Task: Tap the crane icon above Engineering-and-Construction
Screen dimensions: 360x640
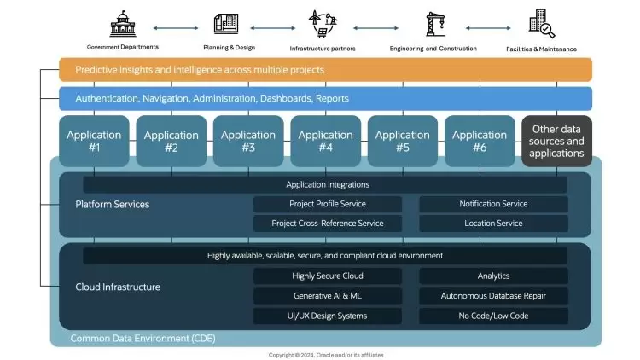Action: tap(433, 23)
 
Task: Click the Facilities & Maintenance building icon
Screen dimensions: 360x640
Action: tap(541, 23)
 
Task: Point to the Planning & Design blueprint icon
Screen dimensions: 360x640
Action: tap(228, 23)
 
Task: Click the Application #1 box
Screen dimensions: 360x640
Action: tap(94, 141)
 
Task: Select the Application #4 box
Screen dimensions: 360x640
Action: tap(325, 141)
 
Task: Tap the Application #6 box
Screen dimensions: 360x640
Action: tap(480, 141)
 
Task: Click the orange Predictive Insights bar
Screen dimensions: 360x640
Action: tap(325, 69)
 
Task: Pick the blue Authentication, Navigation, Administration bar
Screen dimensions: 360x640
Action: tap(325, 98)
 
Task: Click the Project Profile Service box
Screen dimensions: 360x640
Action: tap(328, 204)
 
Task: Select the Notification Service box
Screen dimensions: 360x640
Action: tap(493, 204)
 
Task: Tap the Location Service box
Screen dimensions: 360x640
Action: tap(493, 224)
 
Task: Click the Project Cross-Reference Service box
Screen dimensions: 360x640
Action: tap(328, 224)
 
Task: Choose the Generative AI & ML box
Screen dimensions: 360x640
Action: tap(328, 296)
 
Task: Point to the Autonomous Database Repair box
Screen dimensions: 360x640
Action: tap(493, 296)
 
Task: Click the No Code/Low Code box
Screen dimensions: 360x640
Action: tap(493, 316)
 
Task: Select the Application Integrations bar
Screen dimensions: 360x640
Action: tap(325, 184)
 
